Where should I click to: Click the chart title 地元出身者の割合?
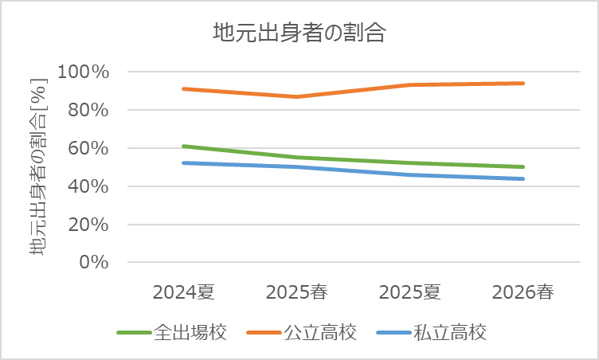299,33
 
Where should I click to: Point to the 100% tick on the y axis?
84,72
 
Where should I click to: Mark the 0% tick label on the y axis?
93,262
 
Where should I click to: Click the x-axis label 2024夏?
184,292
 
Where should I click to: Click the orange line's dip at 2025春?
297,96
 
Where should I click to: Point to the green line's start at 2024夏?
184,147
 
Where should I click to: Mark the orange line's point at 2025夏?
410,84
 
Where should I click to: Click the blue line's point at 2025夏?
410,174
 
